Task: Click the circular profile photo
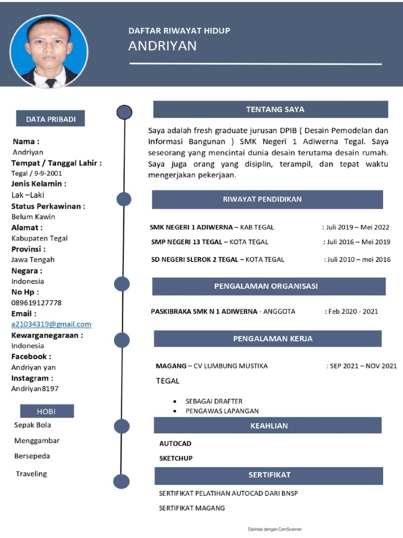pos(49,51)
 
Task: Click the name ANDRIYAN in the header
pos(162,46)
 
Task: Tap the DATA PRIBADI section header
pos(51,119)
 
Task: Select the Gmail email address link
pos(51,324)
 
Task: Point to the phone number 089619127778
pos(37,303)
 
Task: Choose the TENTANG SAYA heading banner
pos(270,109)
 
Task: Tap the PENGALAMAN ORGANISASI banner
pos(269,286)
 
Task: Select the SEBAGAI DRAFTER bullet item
pos(214,401)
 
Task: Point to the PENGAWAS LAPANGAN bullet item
pos(221,411)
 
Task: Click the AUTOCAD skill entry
pos(175,443)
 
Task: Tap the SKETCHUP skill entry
pos(176,458)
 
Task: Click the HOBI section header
pos(47,411)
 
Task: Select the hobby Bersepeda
pos(32,456)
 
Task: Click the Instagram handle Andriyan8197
pos(35,389)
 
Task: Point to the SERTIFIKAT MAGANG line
pos(192,508)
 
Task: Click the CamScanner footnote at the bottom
pos(274,529)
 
